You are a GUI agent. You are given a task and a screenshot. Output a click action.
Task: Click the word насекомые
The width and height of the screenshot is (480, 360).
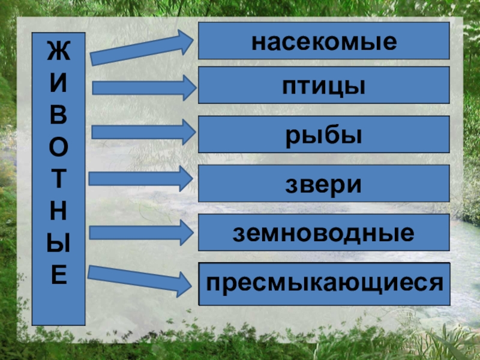pos(324,42)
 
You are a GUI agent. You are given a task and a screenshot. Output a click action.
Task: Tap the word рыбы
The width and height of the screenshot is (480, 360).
pos(324,136)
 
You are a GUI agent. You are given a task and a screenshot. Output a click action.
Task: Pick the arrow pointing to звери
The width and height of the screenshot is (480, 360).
pos(142,178)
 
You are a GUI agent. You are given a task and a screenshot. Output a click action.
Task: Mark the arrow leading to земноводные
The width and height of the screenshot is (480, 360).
pos(142,231)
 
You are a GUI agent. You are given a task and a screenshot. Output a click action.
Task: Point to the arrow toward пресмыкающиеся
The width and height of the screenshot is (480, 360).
pos(142,278)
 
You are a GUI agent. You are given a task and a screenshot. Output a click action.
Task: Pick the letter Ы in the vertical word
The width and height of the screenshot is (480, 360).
pos(59,244)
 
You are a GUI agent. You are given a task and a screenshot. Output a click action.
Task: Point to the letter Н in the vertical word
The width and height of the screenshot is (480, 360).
pos(59,212)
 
